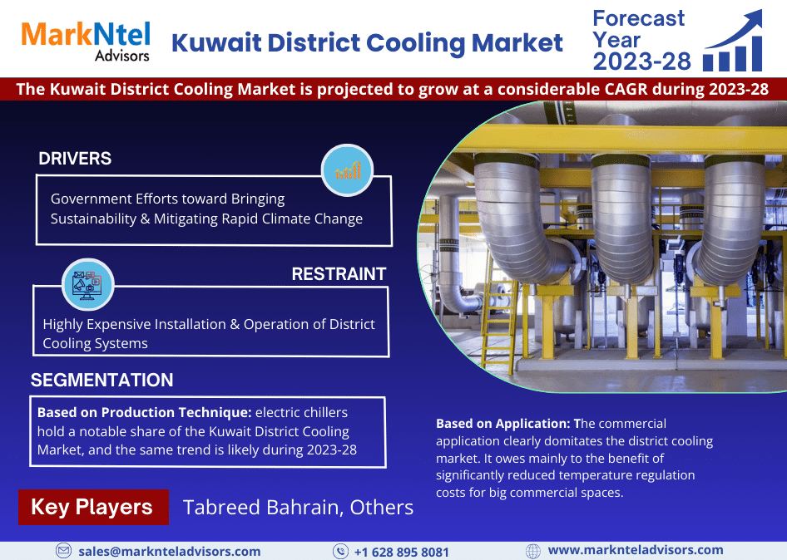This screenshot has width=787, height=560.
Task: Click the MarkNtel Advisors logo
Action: (x=86, y=41)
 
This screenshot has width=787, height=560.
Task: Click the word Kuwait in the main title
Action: (x=217, y=42)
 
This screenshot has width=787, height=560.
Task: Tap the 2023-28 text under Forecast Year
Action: (x=642, y=61)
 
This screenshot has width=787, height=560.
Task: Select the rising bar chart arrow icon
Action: (x=733, y=41)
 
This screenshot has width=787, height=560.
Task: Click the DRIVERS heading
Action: (x=75, y=159)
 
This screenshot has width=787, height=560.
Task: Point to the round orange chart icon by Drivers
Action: (x=347, y=170)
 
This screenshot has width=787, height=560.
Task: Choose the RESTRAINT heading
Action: (x=339, y=273)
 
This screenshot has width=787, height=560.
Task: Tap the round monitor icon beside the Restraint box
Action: (x=88, y=284)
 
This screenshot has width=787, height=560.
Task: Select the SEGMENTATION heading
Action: (x=101, y=380)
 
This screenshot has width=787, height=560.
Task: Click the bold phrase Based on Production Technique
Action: (x=144, y=413)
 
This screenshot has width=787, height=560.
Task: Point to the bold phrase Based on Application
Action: (x=503, y=424)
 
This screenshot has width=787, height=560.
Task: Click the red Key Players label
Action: (x=93, y=507)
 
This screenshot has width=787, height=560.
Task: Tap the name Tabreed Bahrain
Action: (x=263, y=508)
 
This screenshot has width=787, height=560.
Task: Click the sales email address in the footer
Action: (x=170, y=552)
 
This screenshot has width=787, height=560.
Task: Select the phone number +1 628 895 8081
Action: (x=402, y=552)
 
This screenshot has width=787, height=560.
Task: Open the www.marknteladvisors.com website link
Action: (x=636, y=550)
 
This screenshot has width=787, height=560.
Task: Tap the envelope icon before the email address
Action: (x=63, y=551)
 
